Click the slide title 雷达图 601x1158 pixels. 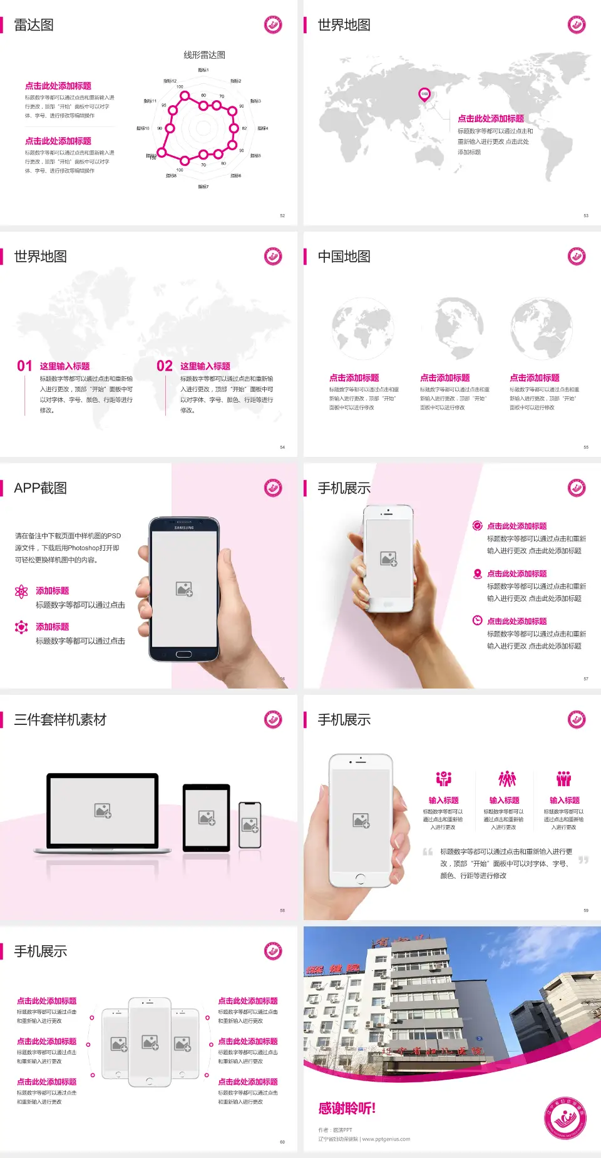tap(34, 25)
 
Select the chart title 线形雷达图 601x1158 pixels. tap(204, 55)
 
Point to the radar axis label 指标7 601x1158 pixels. tap(203, 187)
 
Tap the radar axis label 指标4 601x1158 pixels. tap(263, 128)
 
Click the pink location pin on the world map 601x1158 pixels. tap(424, 95)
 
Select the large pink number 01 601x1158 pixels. tap(24, 366)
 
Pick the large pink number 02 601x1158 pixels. tap(165, 366)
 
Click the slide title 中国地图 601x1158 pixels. tap(344, 257)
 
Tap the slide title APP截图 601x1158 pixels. tap(40, 488)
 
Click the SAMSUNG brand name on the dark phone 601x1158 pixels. tap(184, 528)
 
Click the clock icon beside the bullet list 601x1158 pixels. tap(477, 620)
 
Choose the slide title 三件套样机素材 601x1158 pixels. tap(60, 720)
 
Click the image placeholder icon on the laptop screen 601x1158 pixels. tap(103, 811)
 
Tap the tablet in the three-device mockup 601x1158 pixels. tap(207, 817)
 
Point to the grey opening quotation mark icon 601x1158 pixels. tap(428, 851)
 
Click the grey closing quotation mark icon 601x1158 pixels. tap(583, 860)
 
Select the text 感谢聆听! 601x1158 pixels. tap(347, 1109)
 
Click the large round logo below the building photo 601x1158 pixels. tap(565, 1117)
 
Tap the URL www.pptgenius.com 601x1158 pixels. tap(386, 1139)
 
